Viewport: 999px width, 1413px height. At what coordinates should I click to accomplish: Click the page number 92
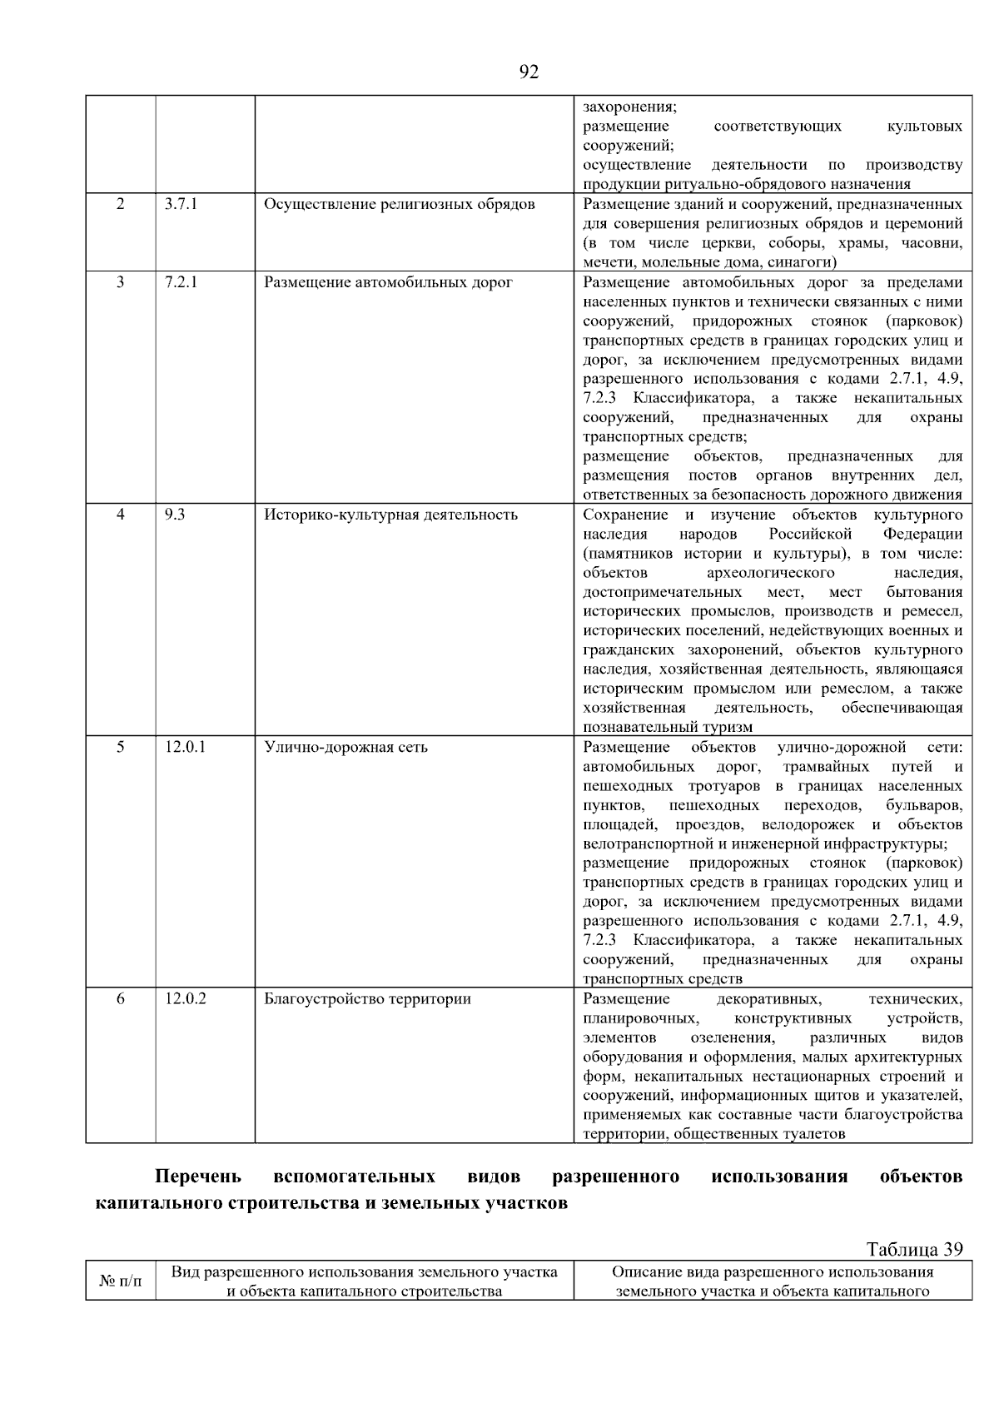coord(529,72)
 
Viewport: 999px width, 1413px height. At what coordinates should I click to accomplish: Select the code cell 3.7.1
coord(181,204)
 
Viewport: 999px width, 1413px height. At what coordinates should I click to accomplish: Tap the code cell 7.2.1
coord(181,281)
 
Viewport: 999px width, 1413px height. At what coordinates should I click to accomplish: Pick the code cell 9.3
coord(175,514)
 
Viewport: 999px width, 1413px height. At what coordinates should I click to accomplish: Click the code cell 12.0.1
coord(185,746)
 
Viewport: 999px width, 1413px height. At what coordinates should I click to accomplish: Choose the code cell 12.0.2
coord(185,998)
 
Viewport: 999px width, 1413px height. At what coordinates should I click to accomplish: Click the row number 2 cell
coord(121,204)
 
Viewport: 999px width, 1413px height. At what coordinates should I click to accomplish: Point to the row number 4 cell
coord(121,514)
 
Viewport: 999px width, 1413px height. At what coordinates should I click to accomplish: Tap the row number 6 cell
coord(121,998)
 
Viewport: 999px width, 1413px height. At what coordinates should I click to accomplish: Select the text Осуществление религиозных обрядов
coord(399,204)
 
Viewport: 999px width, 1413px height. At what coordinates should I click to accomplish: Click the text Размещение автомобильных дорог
coord(388,281)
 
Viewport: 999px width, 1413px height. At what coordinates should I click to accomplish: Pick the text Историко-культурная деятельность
coord(390,514)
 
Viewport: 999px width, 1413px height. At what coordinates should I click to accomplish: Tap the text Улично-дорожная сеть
coord(345,746)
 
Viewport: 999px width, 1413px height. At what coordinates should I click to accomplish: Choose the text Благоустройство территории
coord(367,998)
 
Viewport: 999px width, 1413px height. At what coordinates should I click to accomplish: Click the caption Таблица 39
coord(914,1249)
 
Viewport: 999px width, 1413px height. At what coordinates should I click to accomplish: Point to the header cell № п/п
coord(121,1281)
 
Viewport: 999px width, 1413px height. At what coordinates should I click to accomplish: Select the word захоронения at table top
coord(629,107)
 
